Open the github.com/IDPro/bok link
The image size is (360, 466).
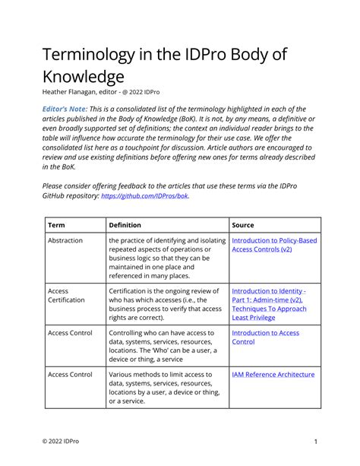point(144,196)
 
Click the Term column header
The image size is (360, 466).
point(55,225)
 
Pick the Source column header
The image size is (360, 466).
point(243,225)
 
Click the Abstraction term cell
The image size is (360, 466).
point(65,241)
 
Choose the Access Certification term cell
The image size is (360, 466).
point(66,294)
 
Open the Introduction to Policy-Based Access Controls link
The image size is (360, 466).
point(274,245)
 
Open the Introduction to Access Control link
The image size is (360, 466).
point(265,337)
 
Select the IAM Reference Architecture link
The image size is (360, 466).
point(273,374)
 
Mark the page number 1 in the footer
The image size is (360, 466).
point(314,442)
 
